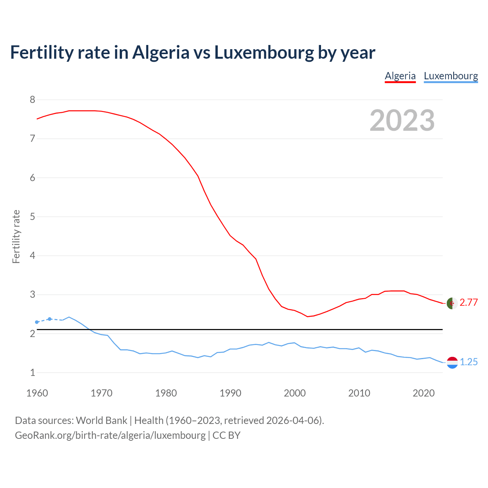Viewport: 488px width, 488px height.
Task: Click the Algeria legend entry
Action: pos(400,76)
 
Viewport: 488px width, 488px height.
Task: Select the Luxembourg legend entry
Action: pos(451,76)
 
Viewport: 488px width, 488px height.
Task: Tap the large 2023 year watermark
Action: pos(402,120)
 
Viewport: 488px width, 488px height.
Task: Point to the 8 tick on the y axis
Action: pos(32,100)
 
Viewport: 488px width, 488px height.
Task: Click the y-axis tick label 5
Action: pos(32,217)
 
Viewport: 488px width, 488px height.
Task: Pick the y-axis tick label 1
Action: pos(32,372)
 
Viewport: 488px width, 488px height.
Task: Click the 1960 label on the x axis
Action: pos(37,393)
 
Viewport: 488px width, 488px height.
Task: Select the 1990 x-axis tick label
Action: pos(230,393)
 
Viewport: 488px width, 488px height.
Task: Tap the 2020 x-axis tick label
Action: pos(424,393)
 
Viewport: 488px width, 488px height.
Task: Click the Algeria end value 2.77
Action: pos(469,303)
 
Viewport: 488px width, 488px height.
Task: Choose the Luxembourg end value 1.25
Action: pos(469,362)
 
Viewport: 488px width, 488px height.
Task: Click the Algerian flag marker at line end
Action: pos(452,303)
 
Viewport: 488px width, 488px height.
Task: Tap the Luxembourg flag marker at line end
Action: pos(452,363)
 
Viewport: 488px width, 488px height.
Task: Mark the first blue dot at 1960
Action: pos(37,322)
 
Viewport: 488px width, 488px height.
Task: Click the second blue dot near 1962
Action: pos(50,319)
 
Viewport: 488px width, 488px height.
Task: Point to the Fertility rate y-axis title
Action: pos(16,236)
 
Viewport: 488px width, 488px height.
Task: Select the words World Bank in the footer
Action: pos(101,421)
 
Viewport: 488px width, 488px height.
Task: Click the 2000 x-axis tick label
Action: pos(295,393)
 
